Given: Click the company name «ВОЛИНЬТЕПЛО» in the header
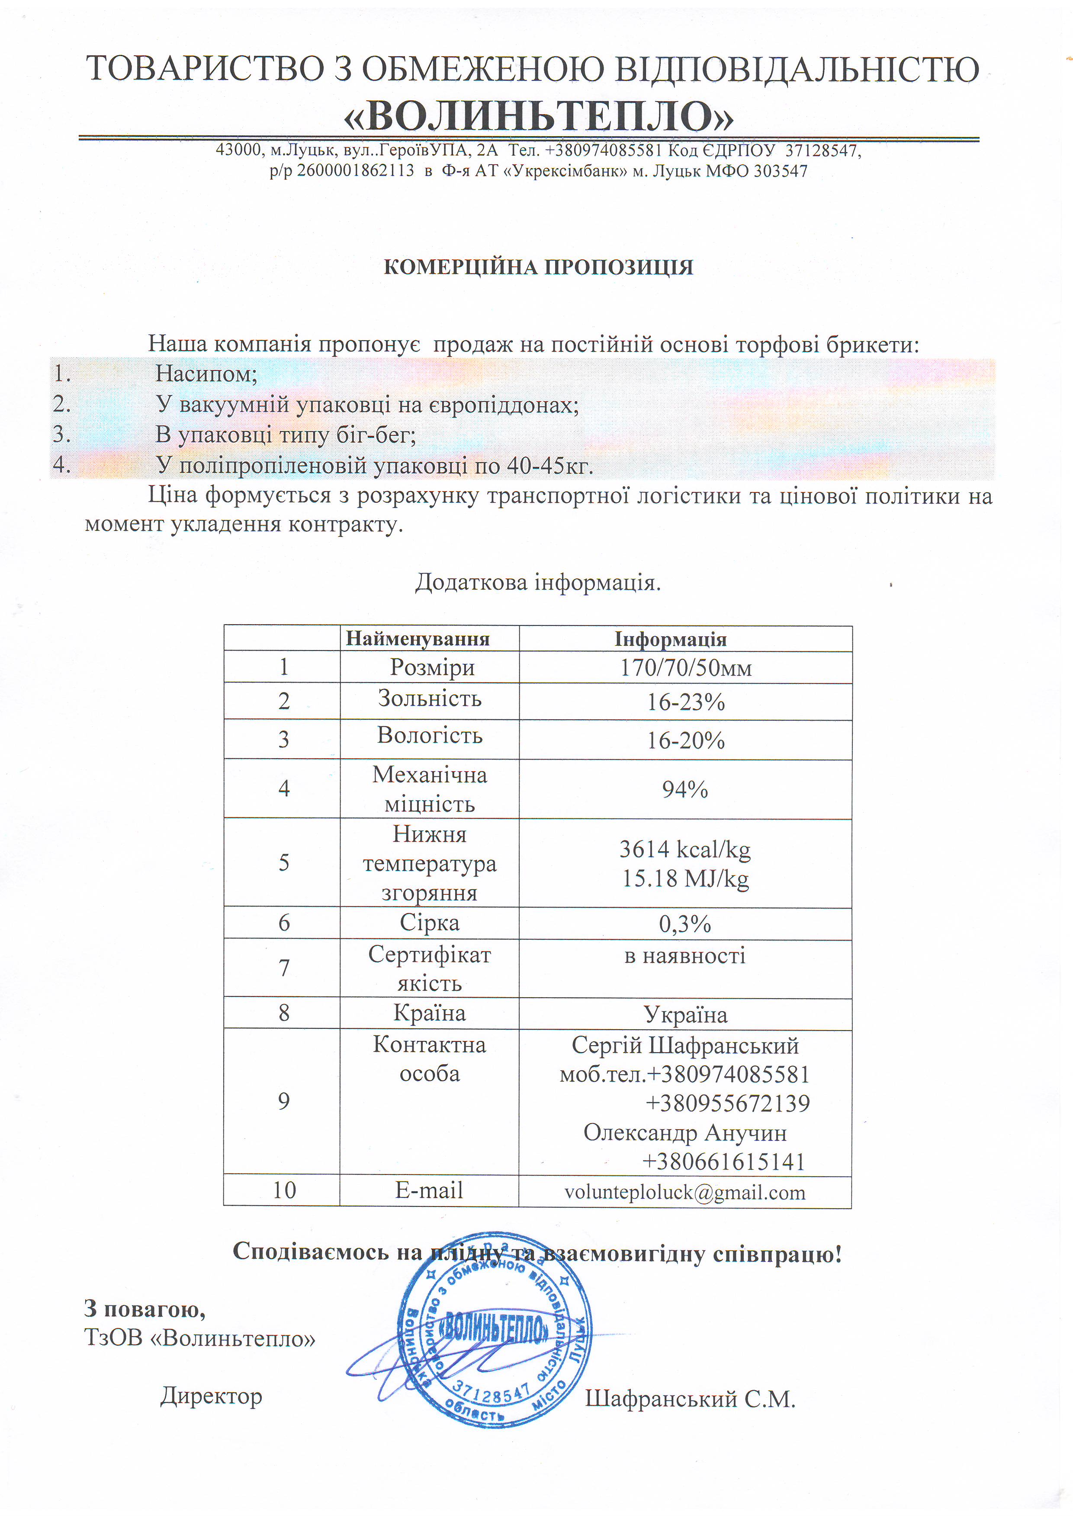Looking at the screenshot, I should click(x=539, y=117).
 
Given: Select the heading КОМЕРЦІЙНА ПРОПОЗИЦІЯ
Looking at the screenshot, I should click(x=539, y=268).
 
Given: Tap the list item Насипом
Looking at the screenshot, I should click(x=206, y=374).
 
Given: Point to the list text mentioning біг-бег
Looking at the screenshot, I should click(x=286, y=434).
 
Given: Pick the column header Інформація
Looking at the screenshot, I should click(x=671, y=639).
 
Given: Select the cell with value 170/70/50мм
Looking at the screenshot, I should click(x=685, y=667).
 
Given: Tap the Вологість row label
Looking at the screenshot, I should click(x=430, y=736).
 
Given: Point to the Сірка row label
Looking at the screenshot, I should click(x=430, y=923).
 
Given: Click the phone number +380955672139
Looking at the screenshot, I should click(x=727, y=1103).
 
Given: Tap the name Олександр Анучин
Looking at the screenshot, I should click(x=685, y=1133).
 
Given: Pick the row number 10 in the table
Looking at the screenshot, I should click(x=284, y=1190).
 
